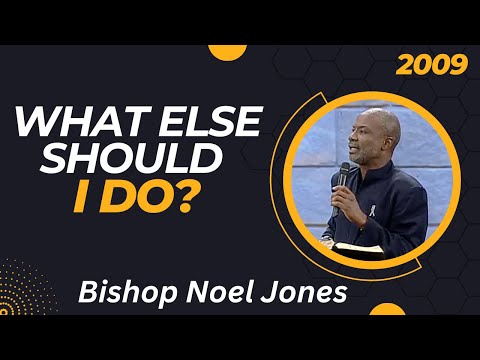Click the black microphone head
click(345, 170)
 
